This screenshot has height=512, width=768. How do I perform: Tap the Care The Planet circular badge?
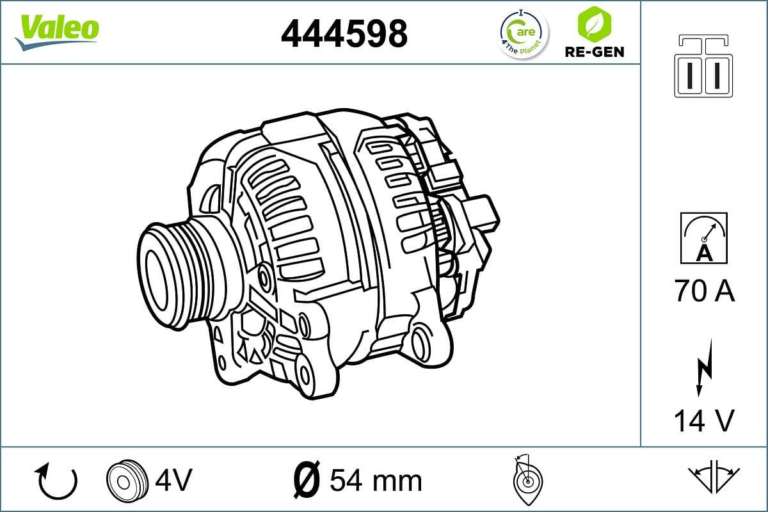click(523, 33)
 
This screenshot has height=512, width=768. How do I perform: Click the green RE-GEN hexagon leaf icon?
click(594, 24)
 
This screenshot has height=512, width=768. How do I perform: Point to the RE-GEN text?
click(594, 52)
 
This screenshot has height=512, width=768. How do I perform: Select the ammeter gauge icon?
click(704, 238)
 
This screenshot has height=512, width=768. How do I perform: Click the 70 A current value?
click(704, 292)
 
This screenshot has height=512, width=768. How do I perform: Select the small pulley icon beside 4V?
click(124, 480)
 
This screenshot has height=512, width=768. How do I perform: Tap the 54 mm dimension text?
click(376, 480)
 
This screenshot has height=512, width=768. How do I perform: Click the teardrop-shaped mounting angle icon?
click(527, 480)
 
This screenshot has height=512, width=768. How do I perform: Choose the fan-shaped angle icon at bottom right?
click(714, 477)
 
